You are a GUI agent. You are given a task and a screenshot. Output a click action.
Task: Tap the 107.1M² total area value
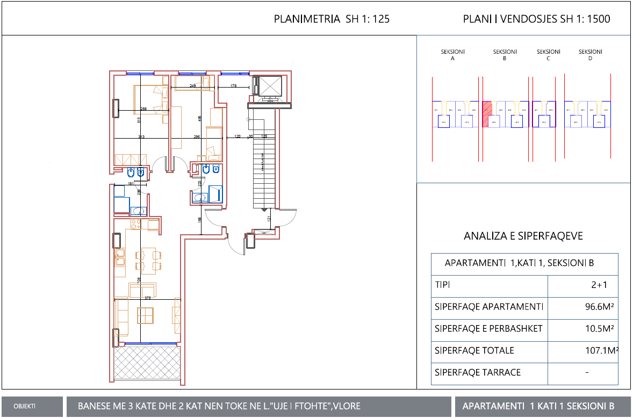601,351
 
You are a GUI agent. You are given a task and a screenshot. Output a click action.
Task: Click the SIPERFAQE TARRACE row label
477,372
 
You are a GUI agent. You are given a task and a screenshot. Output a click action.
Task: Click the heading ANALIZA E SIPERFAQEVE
523,236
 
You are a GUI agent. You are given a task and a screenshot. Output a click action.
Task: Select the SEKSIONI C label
548,55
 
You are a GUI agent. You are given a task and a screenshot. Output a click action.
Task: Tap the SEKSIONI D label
590,55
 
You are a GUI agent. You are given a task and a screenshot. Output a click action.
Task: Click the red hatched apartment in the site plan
487,114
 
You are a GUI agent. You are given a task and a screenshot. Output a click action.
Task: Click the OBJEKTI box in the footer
25,407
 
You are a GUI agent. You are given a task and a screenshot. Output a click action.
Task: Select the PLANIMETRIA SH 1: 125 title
332,19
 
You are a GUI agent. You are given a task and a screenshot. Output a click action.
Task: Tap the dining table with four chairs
147,260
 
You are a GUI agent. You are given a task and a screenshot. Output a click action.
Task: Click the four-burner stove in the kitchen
136,224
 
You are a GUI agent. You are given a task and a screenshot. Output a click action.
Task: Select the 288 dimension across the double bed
143,109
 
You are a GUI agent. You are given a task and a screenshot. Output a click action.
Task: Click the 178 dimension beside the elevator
234,86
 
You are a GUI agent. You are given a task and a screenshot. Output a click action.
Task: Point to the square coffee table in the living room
146,314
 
